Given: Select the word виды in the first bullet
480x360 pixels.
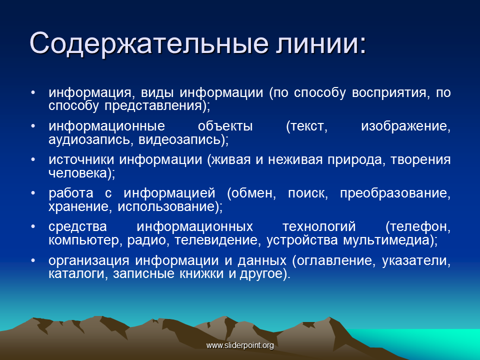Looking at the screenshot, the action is (x=156, y=93).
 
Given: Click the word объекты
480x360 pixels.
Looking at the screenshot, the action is (x=225, y=126).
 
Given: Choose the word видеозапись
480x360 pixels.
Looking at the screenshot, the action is (x=179, y=140).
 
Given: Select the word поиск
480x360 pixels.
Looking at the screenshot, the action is (x=307, y=193).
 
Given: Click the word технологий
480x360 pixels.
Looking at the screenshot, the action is (x=319, y=227).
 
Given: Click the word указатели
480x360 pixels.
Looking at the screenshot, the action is (x=416, y=260).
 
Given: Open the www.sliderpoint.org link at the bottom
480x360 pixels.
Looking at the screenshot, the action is (x=240, y=345).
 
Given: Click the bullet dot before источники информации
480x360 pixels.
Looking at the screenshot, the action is (x=33, y=160).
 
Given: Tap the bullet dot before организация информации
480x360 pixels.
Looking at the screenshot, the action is (x=33, y=260).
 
